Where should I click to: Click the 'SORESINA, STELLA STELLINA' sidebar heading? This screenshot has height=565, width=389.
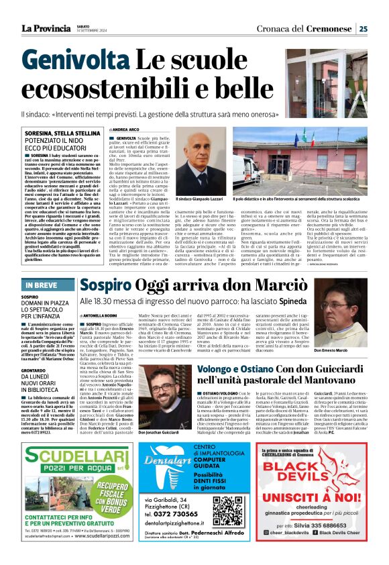(x=54, y=134)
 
